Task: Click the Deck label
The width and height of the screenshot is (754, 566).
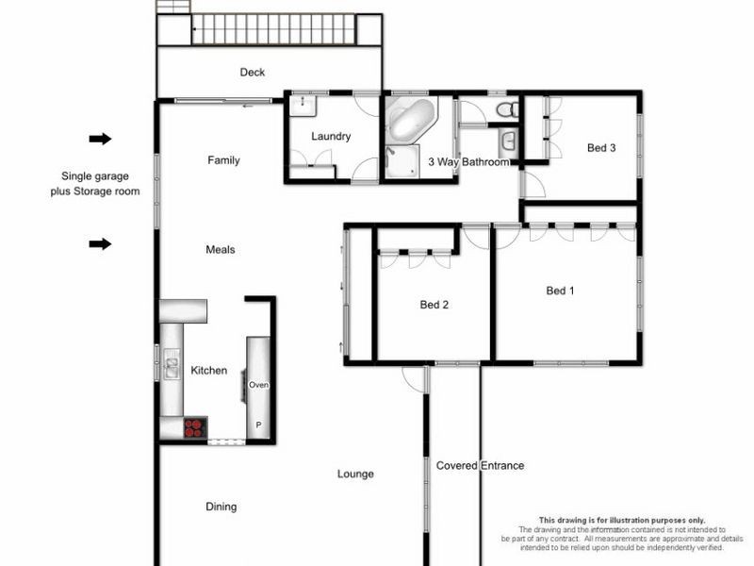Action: (252, 73)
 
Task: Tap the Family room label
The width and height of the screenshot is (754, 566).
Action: (223, 160)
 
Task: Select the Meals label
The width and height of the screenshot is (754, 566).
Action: (220, 250)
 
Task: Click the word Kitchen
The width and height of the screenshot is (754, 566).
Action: (208, 371)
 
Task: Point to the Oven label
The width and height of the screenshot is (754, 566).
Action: (259, 385)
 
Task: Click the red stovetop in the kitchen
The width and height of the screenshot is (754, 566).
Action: (195, 427)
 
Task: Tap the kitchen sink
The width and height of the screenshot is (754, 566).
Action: (172, 363)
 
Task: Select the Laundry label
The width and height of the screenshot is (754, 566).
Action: (331, 137)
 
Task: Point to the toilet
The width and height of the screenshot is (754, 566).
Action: (506, 110)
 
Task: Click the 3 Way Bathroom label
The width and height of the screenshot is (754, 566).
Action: (468, 162)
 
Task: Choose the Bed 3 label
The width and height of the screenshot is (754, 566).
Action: (601, 148)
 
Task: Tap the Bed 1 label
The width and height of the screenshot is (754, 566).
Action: (561, 291)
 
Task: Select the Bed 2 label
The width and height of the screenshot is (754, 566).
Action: (434, 305)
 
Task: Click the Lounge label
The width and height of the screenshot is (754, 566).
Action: (355, 474)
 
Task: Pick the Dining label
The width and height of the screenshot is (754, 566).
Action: (221, 508)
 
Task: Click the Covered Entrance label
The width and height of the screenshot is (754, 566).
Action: (480, 466)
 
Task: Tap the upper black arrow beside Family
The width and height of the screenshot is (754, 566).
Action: (100, 140)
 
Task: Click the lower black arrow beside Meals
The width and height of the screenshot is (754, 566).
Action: (100, 245)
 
